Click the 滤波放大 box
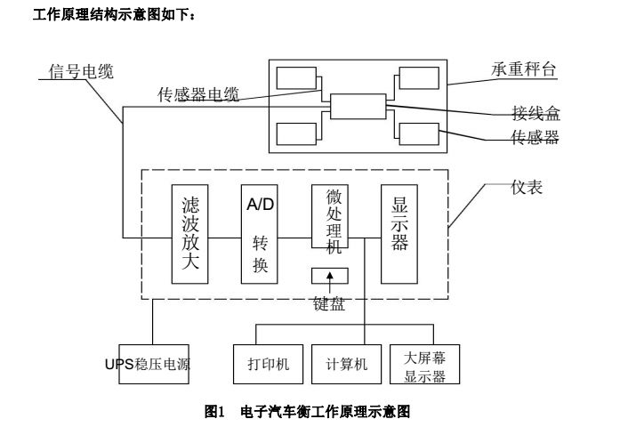tap(189, 234)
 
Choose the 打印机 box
tap(269, 364)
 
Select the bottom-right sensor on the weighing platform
tap(415, 134)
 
